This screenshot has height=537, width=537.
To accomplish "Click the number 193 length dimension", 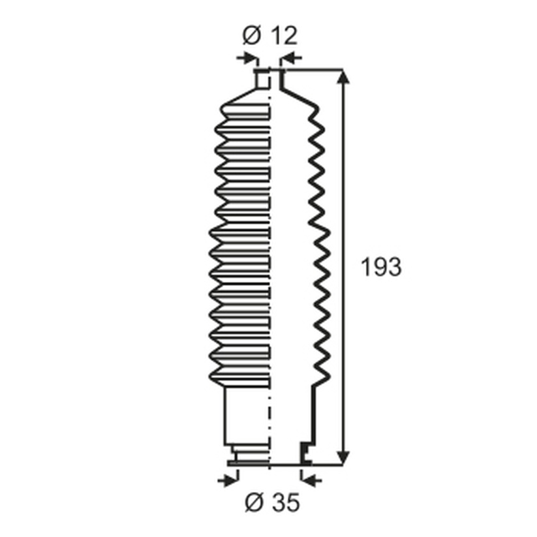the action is tap(381, 267).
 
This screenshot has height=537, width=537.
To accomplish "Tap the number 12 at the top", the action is tap(284, 35).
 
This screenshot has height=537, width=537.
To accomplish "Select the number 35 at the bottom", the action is tap(286, 502).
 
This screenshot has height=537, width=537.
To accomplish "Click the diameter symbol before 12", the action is tap(252, 35).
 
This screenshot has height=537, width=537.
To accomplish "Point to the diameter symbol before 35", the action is tap(254, 502).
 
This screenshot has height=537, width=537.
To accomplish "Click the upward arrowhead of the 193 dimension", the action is tap(343, 76).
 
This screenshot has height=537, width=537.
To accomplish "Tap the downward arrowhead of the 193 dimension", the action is tap(343, 458).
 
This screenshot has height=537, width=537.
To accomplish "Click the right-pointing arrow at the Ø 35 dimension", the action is tap(228, 481).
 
